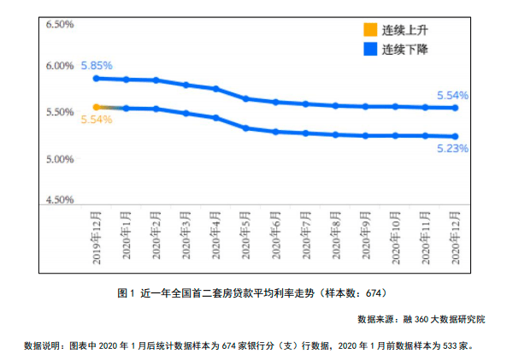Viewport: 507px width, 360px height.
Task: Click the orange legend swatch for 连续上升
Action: click(x=370, y=30)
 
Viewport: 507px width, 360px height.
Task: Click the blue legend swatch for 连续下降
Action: click(x=370, y=49)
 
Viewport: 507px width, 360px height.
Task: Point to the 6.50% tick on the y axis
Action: click(x=60, y=24)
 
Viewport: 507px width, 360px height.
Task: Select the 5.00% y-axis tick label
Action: click(x=60, y=159)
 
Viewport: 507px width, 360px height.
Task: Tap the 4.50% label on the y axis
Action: click(x=60, y=199)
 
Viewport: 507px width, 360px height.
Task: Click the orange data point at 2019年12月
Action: click(x=97, y=107)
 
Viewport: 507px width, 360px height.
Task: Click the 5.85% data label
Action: click(x=97, y=66)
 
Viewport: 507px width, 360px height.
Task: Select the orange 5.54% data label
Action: click(x=97, y=120)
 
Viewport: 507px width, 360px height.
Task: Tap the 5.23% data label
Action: click(x=452, y=149)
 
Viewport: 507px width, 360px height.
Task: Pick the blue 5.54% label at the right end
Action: click(x=452, y=96)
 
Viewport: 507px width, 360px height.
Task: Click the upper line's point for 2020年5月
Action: click(x=246, y=98)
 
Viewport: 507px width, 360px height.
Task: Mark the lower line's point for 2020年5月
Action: click(x=246, y=128)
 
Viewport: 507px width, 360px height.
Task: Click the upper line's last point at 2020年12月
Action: click(x=455, y=108)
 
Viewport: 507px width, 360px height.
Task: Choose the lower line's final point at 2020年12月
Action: click(x=455, y=136)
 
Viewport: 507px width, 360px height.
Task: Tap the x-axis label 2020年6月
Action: click(x=276, y=235)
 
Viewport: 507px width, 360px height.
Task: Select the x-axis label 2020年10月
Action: click(x=396, y=238)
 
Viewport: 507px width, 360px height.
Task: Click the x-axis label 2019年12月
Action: click(x=97, y=238)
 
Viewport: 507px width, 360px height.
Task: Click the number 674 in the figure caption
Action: click(x=373, y=293)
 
